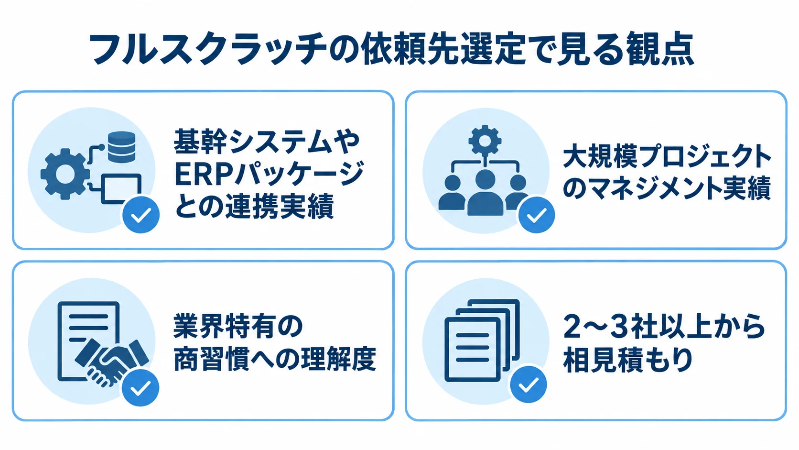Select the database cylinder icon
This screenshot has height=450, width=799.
(122, 147)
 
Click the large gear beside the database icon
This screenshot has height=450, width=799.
(65, 174)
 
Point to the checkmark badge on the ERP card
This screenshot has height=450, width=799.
(141, 214)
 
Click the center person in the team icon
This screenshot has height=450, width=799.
(485, 192)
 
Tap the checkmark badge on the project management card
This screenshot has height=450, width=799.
(537, 214)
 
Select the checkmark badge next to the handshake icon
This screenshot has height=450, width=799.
(140, 387)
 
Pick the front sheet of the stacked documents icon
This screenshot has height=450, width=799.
(472, 350)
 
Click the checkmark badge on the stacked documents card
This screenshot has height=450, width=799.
(529, 384)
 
